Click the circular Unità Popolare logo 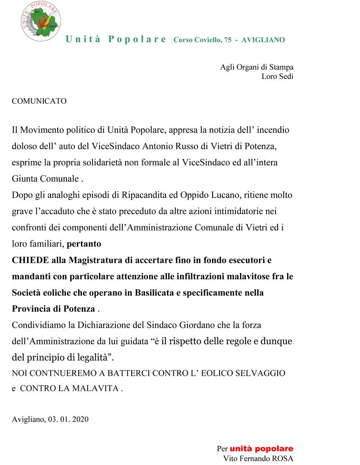tap(40, 22)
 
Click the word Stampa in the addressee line tap(281, 67)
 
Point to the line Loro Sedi tap(277, 77)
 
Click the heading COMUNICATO tap(39, 100)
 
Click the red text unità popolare tap(261, 449)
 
